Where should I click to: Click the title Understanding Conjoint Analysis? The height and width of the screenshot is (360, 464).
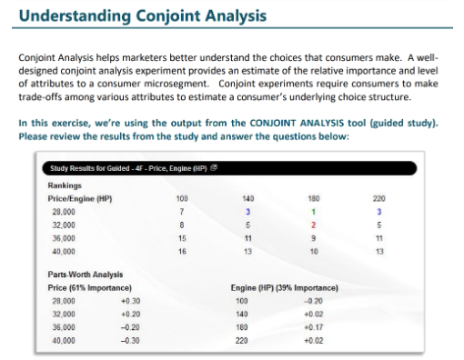click(x=143, y=16)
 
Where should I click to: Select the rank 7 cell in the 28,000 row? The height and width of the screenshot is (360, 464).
click(x=182, y=211)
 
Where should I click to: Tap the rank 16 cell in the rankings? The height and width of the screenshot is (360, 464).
click(x=182, y=249)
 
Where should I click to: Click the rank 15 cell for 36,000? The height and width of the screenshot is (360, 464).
click(x=182, y=236)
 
